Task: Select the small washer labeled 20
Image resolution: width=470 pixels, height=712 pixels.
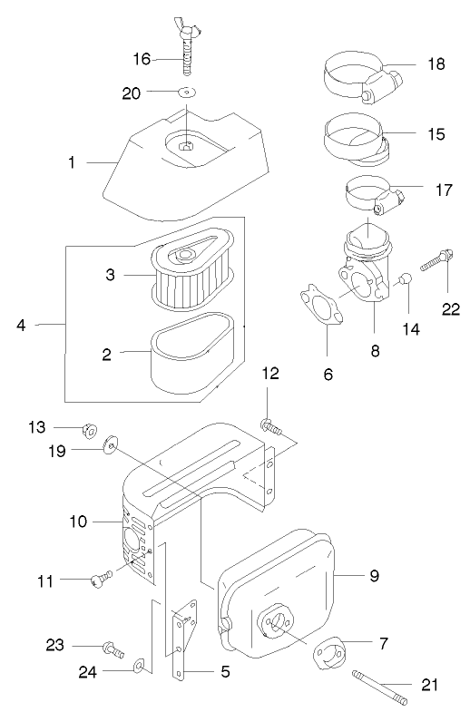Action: [186, 92]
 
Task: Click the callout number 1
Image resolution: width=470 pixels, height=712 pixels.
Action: [71, 162]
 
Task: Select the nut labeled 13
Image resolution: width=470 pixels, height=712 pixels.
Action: [90, 429]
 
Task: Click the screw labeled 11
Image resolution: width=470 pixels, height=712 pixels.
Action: [101, 577]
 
